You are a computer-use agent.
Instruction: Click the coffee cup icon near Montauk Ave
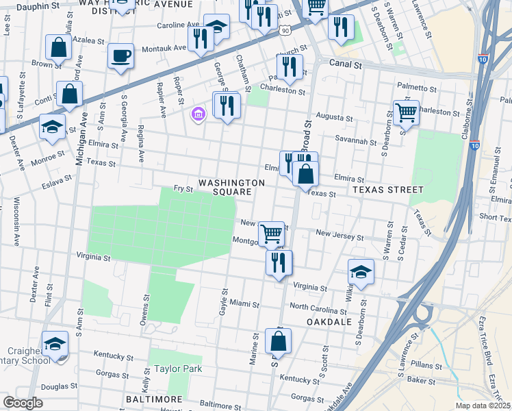coord(120,55)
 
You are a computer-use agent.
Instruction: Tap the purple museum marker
coord(199,114)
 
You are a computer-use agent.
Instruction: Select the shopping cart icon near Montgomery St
coord(272,234)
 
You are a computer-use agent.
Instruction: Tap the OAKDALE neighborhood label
coord(329,321)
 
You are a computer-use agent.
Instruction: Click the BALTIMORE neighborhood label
coord(154,399)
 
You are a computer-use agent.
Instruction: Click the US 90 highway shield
coord(285,30)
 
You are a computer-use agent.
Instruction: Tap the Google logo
coord(23,403)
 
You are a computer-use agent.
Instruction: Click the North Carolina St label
coord(321,306)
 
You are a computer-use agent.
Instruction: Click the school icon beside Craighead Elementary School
coord(55,345)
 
